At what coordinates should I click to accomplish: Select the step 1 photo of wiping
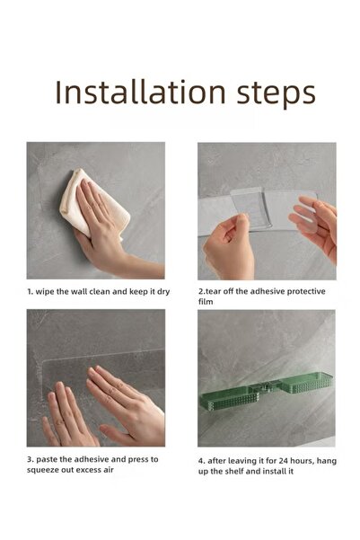point(95,210)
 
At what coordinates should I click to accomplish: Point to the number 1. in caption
point(31,292)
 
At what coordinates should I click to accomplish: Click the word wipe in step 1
point(48,292)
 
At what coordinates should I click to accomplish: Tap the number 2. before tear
point(202,292)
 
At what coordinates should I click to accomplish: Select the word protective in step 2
point(303,292)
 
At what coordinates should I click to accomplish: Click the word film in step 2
point(206,305)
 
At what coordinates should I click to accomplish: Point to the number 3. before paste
point(31,459)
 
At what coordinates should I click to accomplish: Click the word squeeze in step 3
point(47,472)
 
